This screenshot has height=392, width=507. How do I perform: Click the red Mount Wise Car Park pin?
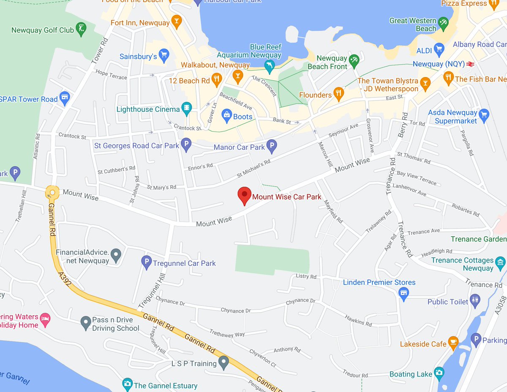(244, 195)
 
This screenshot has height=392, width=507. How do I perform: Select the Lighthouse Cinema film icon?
(186, 108)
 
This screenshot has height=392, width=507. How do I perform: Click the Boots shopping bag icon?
(227, 115)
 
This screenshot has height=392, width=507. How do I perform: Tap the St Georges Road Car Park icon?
(186, 145)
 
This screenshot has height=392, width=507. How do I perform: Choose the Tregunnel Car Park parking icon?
(146, 262)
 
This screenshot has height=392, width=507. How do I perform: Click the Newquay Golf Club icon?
(81, 29)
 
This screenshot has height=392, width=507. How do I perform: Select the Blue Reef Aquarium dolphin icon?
(269, 65)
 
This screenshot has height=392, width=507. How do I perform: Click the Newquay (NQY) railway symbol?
(470, 64)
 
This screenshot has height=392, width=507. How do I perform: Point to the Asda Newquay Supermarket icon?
(484, 114)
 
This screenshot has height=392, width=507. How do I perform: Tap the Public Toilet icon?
(475, 300)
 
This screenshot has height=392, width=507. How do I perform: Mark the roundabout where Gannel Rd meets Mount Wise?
(52, 193)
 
